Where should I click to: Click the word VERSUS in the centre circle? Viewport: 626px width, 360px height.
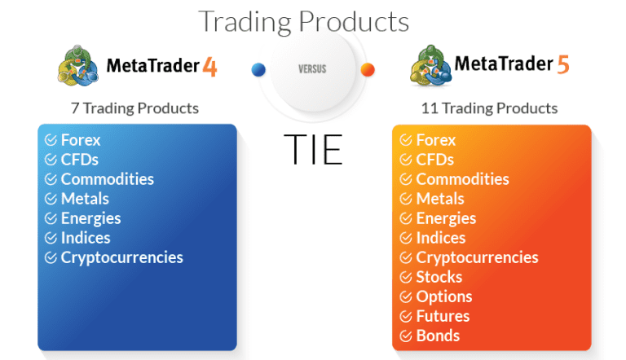(312, 70)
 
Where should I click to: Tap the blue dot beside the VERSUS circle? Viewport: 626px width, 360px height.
(259, 70)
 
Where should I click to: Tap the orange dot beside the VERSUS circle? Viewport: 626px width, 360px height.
(368, 70)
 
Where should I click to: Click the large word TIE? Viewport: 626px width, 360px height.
(313, 149)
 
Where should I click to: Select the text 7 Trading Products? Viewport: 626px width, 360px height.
(134, 108)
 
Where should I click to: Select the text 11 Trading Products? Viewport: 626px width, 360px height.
(489, 108)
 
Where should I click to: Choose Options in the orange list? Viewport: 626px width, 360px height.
(444, 296)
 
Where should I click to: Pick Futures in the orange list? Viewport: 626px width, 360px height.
(443, 316)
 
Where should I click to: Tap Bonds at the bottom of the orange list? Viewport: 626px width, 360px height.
(438, 336)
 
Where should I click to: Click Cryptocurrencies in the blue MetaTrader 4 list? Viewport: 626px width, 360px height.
(121, 257)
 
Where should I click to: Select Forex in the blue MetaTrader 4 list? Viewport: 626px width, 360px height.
(81, 140)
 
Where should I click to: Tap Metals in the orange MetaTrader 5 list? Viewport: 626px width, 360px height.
(440, 199)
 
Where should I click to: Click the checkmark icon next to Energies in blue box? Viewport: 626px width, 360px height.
(51, 218)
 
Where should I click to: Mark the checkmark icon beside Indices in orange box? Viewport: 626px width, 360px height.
(406, 238)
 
